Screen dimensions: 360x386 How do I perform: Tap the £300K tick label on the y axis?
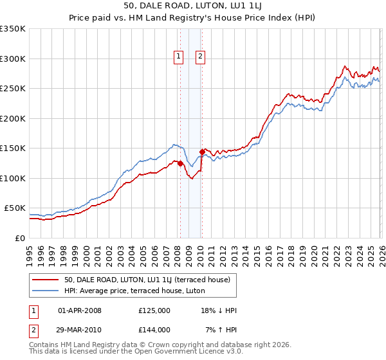click(13, 59)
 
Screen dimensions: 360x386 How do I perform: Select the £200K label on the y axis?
click(13, 118)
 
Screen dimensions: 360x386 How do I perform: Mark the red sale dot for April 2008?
click(180, 163)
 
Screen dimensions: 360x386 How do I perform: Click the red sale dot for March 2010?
click(202, 152)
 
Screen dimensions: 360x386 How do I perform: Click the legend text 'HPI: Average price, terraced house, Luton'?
click(134, 291)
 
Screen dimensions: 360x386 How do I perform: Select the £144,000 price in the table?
click(154, 330)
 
